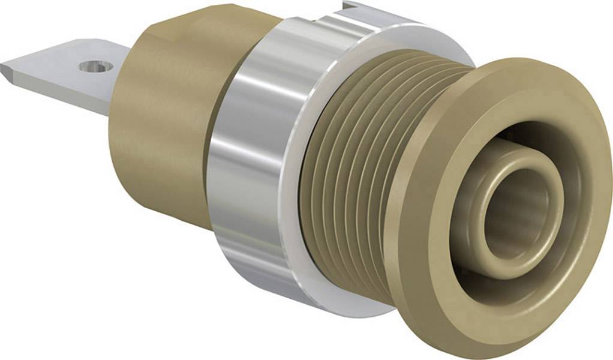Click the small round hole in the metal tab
click(x=96, y=65)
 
